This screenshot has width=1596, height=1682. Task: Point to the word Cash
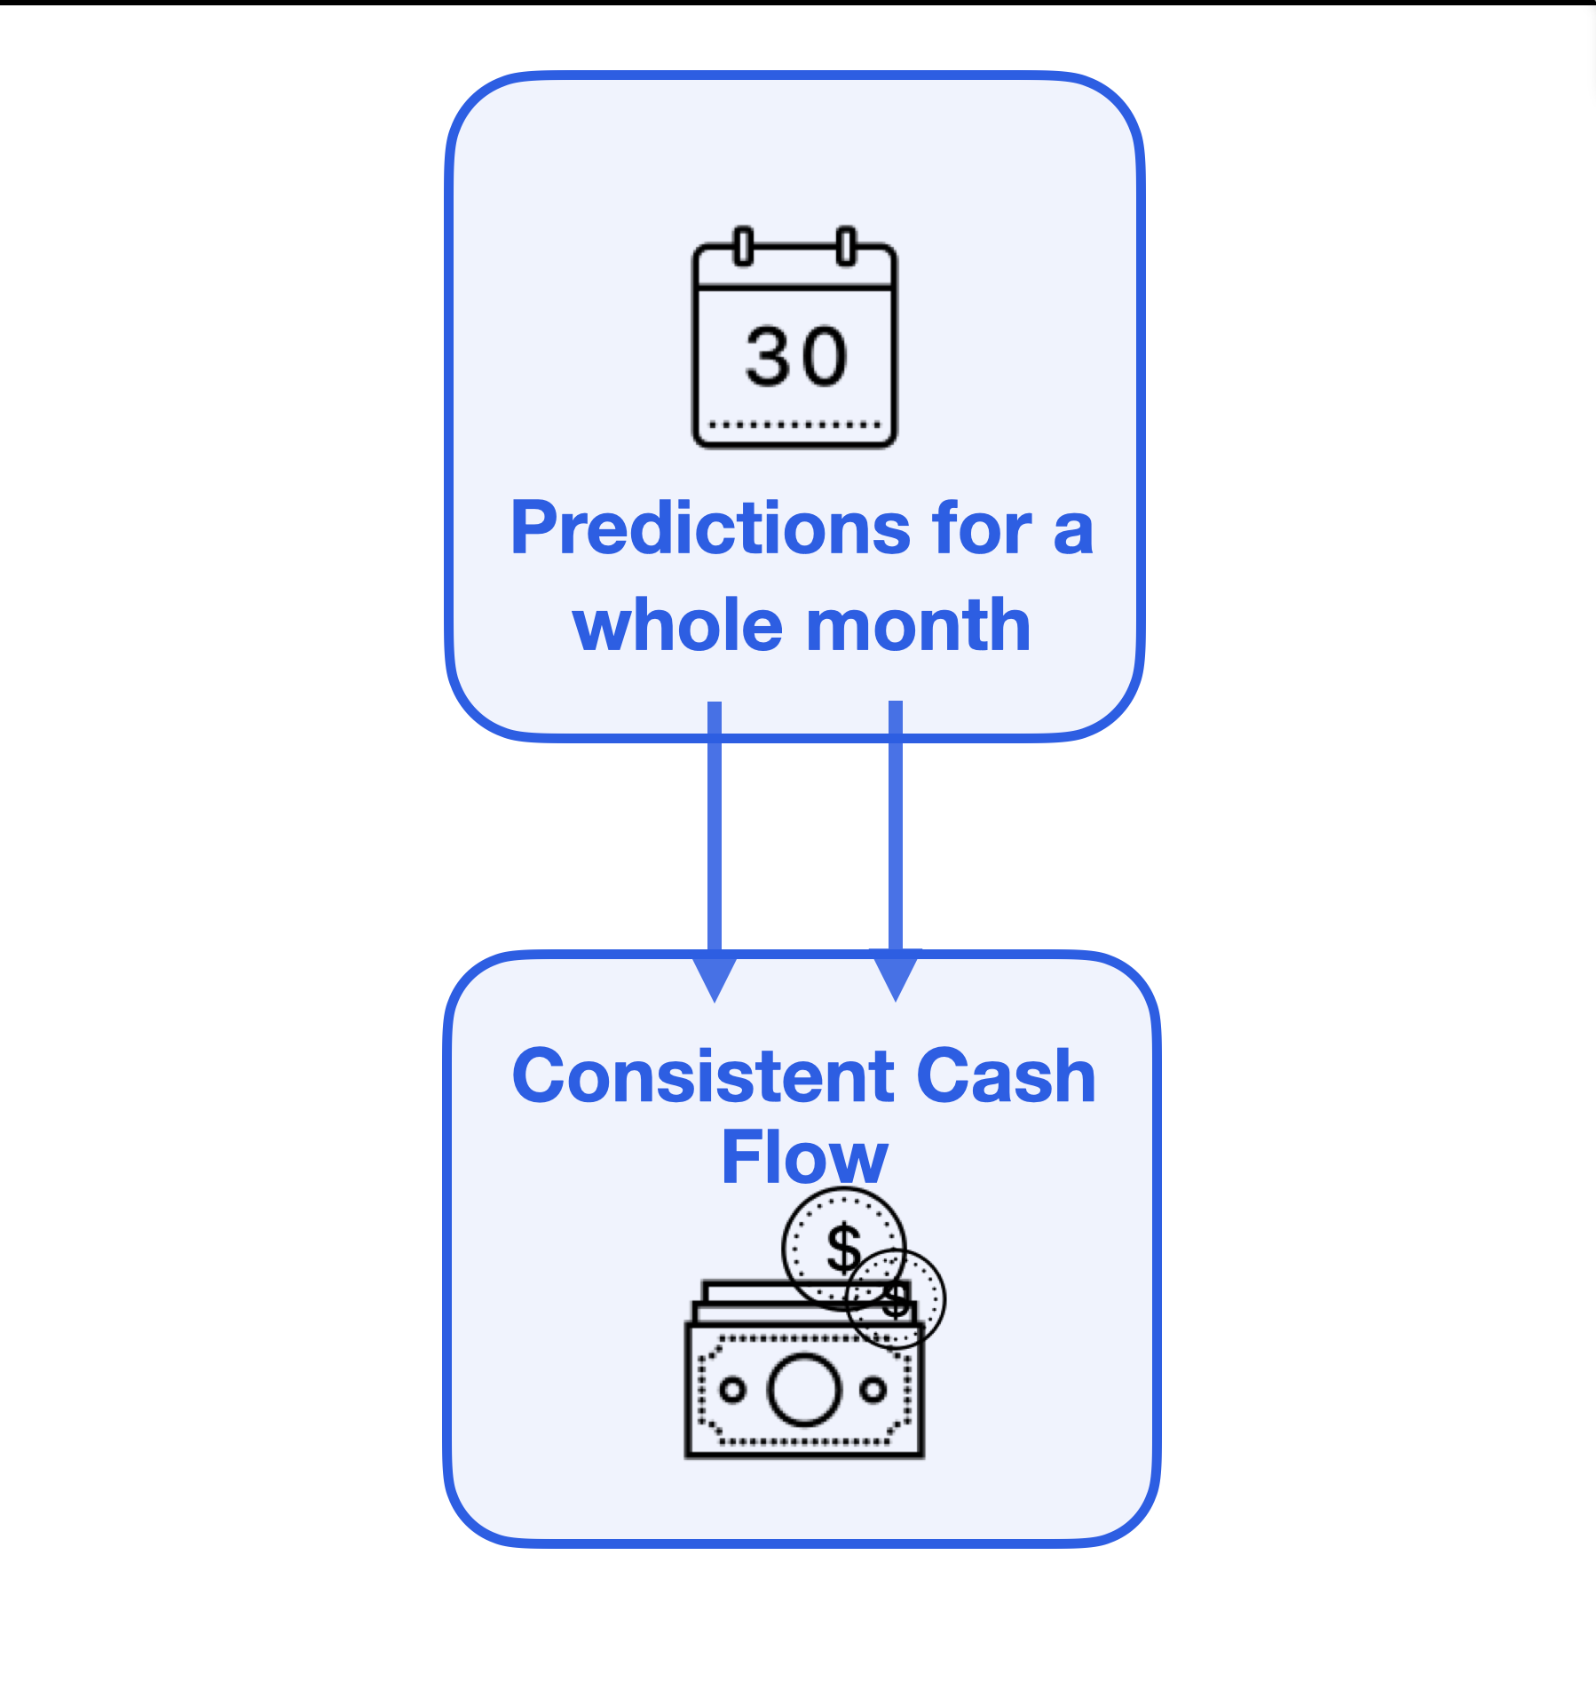point(1007,1076)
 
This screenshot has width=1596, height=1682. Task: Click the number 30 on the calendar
point(796,357)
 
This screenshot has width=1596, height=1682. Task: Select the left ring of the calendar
point(744,246)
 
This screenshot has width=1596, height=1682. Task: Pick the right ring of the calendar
point(847,246)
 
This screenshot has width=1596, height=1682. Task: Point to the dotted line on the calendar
point(795,425)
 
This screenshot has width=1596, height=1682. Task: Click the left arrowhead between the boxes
point(715,976)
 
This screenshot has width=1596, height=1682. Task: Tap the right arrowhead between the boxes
point(896,976)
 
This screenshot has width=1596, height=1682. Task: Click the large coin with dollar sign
point(843,1249)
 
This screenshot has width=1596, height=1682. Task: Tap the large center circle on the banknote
point(804,1390)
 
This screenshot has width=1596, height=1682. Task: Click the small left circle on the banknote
point(732,1390)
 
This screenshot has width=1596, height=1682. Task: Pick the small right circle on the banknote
point(873,1389)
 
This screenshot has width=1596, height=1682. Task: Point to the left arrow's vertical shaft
point(715,827)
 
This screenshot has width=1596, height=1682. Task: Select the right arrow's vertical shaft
point(896,826)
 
